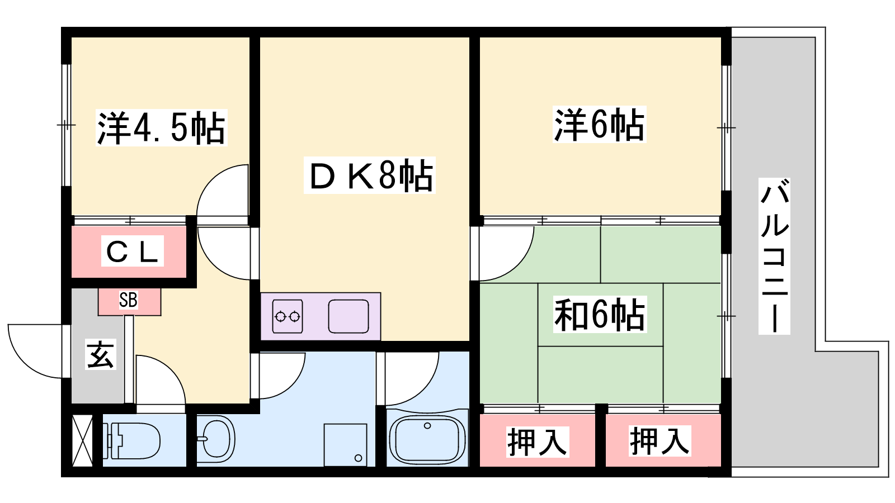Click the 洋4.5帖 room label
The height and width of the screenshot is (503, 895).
coord(162,128)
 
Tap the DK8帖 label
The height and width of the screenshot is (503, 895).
coord(370,175)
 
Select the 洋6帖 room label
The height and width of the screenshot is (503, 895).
coord(599,125)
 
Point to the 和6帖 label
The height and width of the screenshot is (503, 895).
coord(600,315)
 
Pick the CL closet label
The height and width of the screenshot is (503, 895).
coord(132,251)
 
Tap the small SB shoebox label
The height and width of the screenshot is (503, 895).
coord(128,300)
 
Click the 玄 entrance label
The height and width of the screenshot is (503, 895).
coord(101,354)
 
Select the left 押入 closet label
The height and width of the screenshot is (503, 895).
coord(537,442)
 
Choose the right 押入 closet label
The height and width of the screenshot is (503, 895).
coord(660,441)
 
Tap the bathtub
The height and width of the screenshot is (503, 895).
coord(427,440)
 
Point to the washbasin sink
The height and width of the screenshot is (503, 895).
coord(216,439)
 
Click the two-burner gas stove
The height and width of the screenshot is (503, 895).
coord(288,316)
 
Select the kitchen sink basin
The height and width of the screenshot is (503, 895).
coord(348,316)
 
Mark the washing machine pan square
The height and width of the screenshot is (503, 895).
coord(345,445)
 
